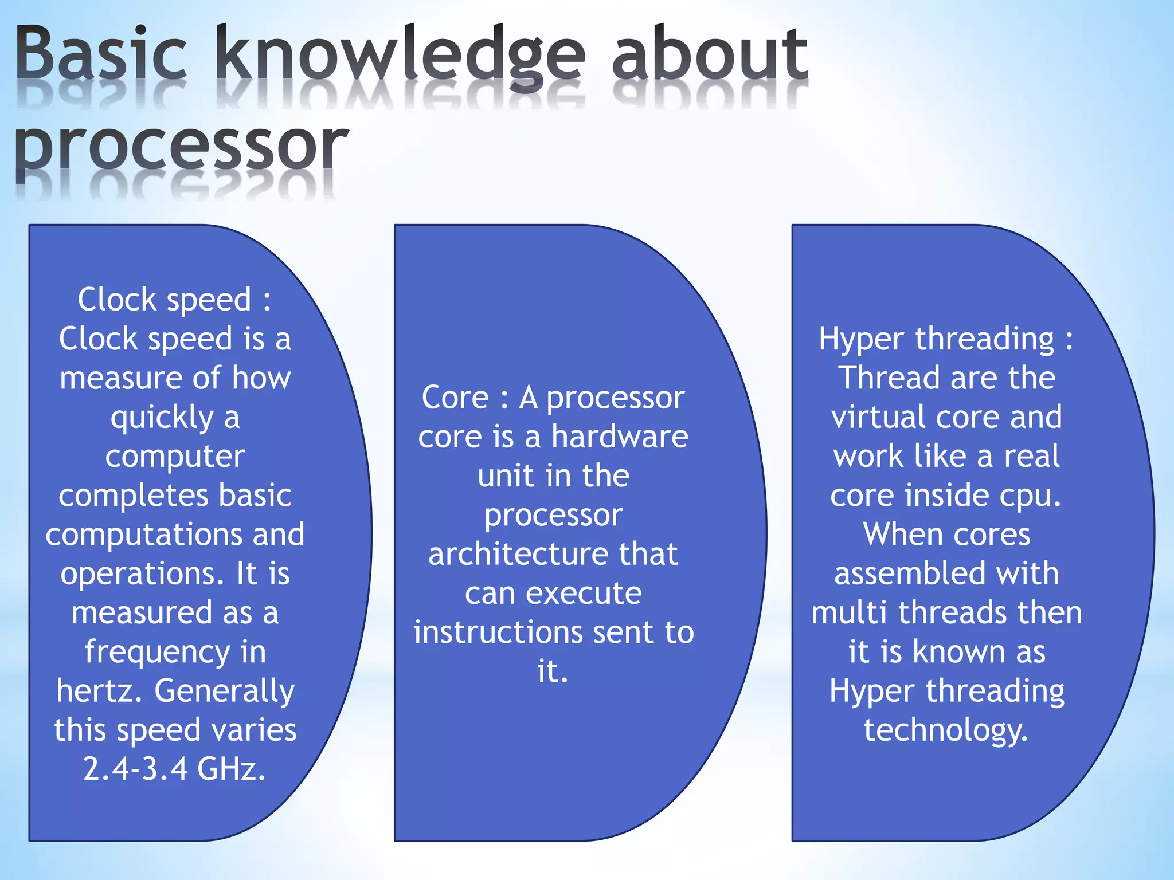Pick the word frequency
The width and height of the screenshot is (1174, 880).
(157, 653)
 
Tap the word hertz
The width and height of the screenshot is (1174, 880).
(99, 691)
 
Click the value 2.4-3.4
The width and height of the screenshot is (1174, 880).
(135, 769)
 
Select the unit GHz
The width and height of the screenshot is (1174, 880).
(231, 769)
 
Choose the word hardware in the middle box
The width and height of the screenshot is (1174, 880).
(620, 437)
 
